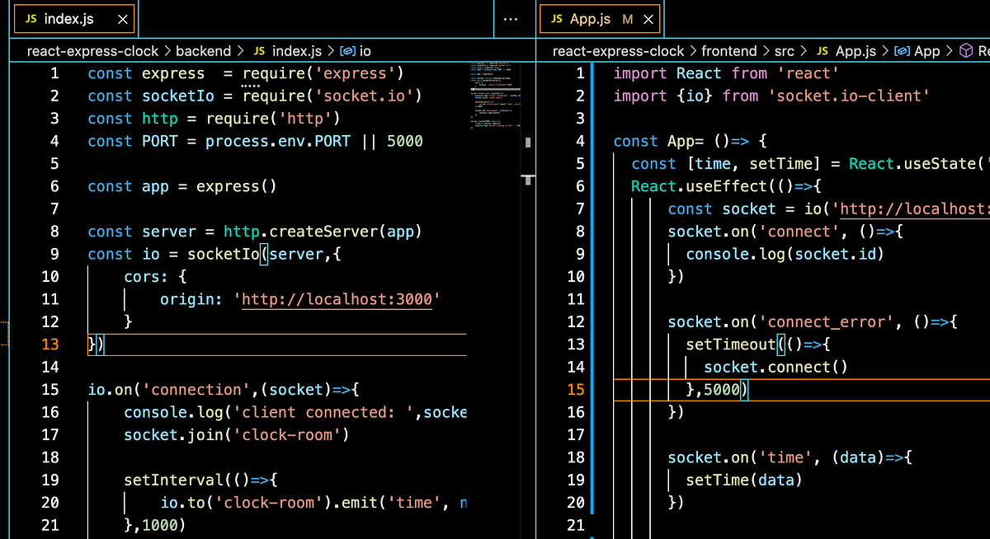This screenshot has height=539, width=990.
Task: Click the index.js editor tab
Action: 66,18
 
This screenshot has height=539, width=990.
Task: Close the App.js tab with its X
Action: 648,19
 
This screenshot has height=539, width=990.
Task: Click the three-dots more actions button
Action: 511,19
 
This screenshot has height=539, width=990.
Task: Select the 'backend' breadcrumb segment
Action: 203,51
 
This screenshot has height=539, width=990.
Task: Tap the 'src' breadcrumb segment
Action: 784,51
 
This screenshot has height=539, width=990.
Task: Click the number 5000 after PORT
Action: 404,141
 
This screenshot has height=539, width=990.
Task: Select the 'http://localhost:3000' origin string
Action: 337,299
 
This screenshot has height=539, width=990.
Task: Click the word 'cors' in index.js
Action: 142,276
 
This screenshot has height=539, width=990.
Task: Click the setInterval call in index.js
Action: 169,480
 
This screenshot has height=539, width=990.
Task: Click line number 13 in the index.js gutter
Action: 50,344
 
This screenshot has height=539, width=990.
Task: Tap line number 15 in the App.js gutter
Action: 576,389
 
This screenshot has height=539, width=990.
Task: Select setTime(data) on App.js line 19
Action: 743,480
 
